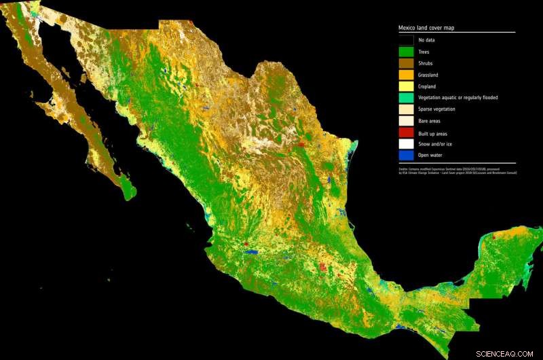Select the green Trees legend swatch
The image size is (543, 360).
[406, 52]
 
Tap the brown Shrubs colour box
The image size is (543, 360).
[406, 63]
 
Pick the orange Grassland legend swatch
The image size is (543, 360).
[406, 75]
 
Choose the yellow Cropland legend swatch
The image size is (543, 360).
[406, 86]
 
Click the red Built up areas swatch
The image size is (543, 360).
[406, 133]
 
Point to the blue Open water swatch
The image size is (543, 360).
[406, 156]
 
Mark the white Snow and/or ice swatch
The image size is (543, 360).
[406, 145]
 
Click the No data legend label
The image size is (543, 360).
[427, 40]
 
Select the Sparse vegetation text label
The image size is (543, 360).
[438, 109]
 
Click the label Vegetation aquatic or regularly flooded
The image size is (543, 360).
[458, 98]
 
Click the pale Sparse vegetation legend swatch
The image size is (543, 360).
[406, 109]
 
